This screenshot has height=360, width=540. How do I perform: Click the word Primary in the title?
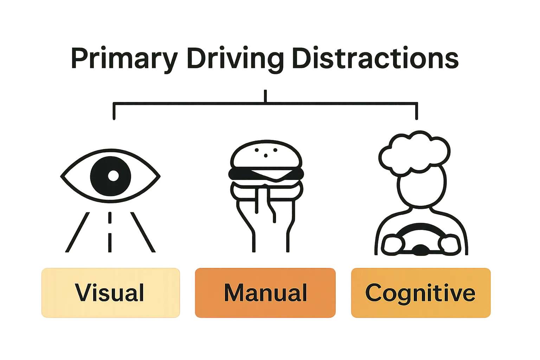(123, 59)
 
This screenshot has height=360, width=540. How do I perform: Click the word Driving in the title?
(235, 59)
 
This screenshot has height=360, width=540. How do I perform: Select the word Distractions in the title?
(375, 59)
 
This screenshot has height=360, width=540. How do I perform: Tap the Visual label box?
(110, 292)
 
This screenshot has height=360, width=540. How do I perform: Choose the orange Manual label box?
(265, 292)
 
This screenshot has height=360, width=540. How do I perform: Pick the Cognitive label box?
(420, 292)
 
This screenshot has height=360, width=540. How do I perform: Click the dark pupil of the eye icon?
(110, 175)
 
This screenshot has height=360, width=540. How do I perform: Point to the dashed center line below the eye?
(110, 232)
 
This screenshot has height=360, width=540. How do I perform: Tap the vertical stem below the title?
(265, 96)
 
